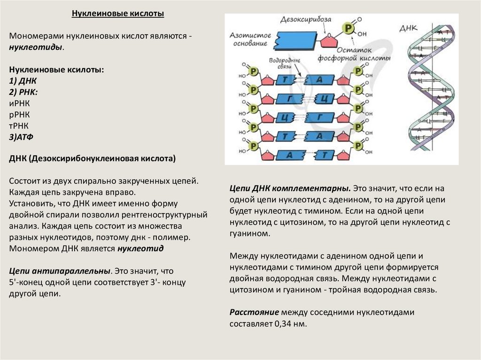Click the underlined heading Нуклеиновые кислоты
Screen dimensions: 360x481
point(117,14)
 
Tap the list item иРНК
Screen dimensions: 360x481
point(19,103)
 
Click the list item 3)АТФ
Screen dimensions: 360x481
point(21,137)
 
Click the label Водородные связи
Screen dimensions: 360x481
point(282,64)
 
